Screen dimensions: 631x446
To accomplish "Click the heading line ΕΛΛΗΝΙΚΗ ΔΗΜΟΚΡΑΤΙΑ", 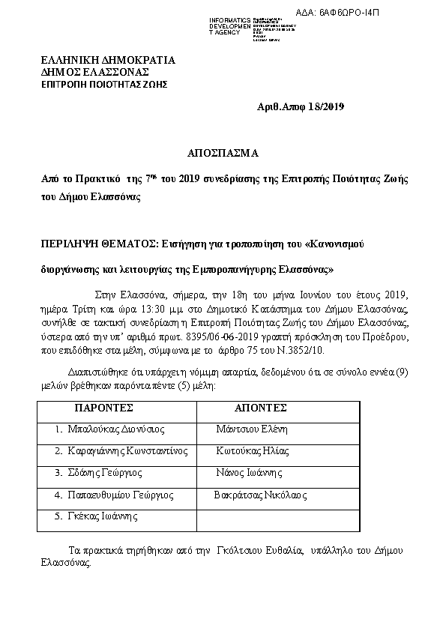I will pyautogui.click(x=109, y=60).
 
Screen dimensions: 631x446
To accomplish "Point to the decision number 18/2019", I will pyautogui.click(x=327, y=107).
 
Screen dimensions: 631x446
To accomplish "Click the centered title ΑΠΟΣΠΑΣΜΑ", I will pyautogui.click(x=223, y=153).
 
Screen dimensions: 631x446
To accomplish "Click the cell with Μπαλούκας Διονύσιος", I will pyautogui.click(x=115, y=429).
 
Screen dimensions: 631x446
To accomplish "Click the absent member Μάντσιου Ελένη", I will pyautogui.click(x=251, y=429).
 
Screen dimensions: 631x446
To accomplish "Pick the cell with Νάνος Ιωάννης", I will pyautogui.click(x=249, y=473).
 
